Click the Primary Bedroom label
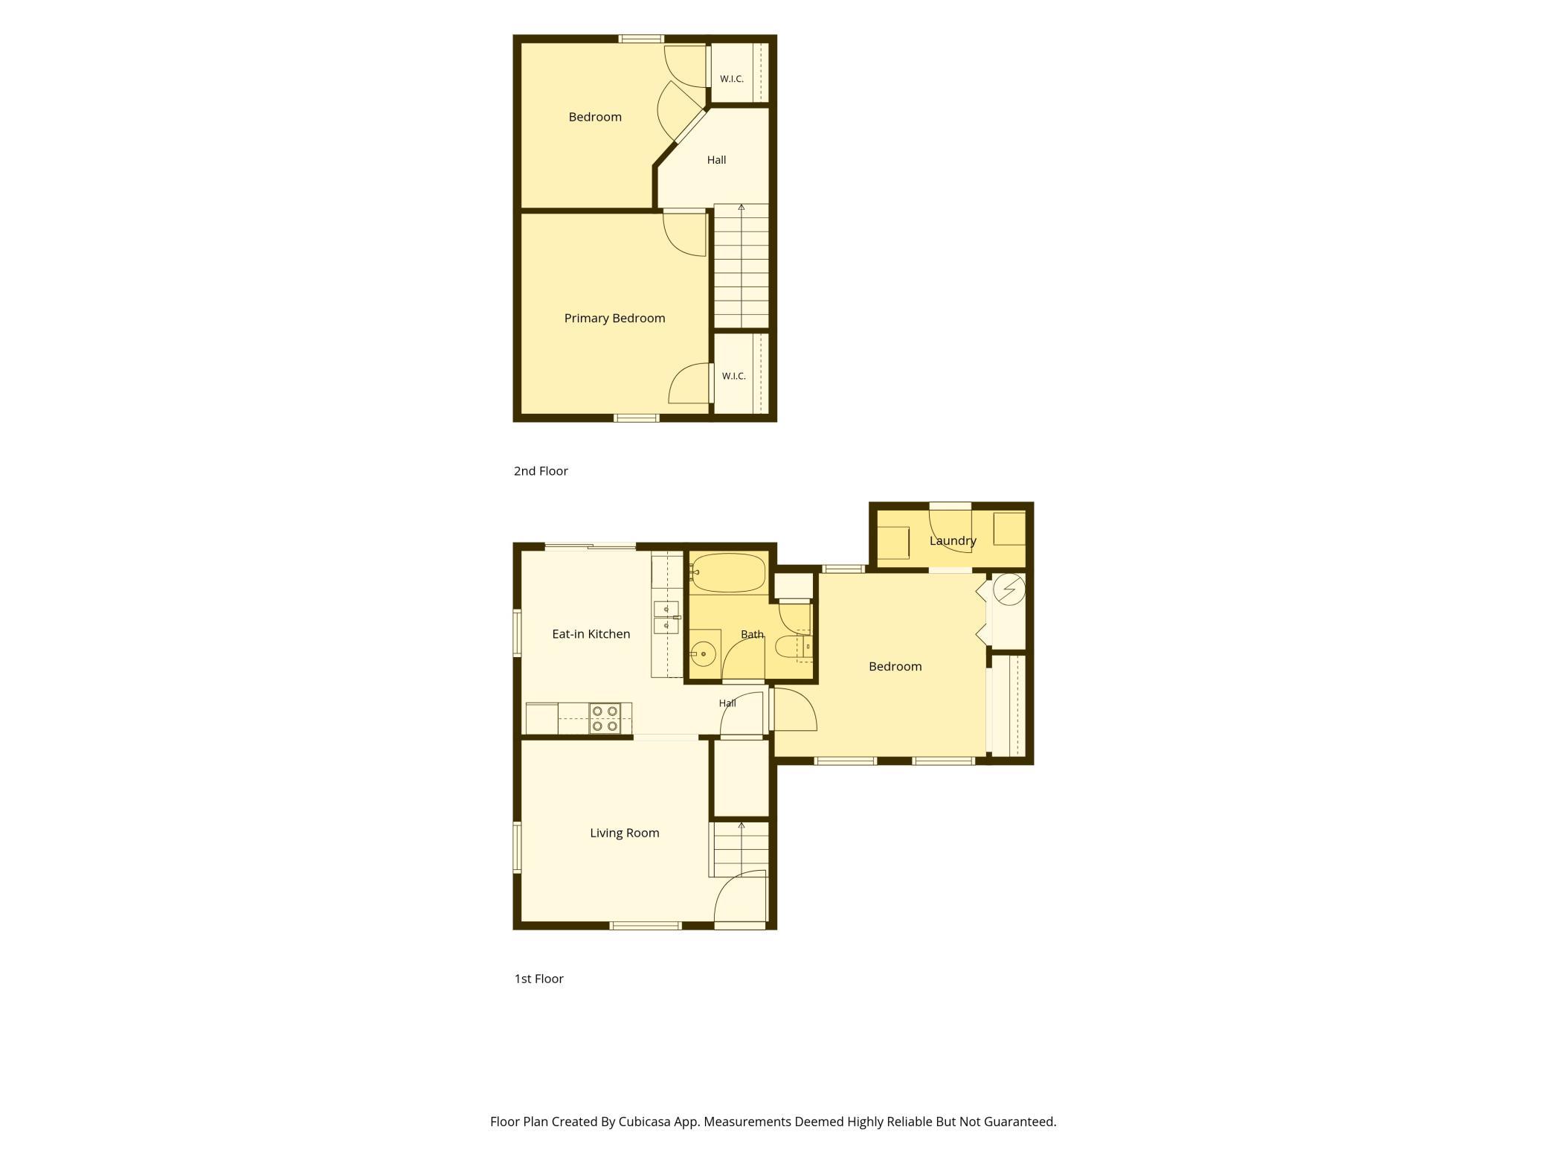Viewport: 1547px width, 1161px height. tap(614, 319)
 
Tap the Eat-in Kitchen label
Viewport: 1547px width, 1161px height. tap(591, 634)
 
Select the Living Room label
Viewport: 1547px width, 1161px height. tap(625, 833)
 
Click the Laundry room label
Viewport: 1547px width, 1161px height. tap(953, 541)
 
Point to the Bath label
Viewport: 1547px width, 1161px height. tap(752, 635)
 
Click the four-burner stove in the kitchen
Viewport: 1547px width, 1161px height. tap(605, 718)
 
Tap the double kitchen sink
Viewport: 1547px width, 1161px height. tap(666, 617)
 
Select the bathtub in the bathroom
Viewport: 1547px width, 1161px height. tap(727, 573)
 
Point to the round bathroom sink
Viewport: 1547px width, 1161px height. tap(703, 654)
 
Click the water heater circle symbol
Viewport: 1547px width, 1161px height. tap(1009, 590)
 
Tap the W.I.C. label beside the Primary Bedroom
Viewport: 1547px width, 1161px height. tap(733, 377)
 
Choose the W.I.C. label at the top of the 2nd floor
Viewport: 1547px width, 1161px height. tap(732, 79)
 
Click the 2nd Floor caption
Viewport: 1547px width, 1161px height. tap(541, 471)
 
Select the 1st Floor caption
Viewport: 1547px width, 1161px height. tap(539, 979)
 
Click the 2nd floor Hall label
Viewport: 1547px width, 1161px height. tap(716, 160)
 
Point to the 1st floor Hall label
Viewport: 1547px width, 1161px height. tap(727, 703)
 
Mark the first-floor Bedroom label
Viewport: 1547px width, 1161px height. tap(895, 667)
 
